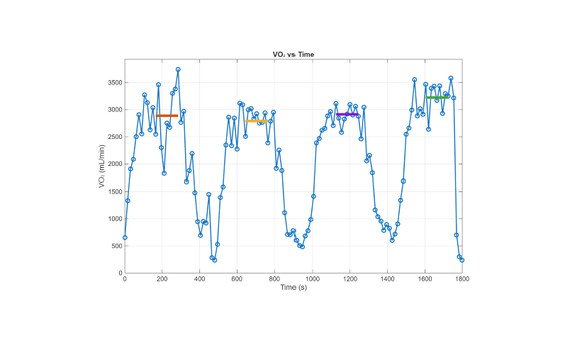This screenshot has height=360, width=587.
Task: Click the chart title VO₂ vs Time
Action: click(293, 55)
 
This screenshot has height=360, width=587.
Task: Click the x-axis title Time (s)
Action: click(293, 288)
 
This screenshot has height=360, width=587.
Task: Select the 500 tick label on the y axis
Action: click(116, 246)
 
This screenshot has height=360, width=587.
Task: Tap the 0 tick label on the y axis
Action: click(119, 273)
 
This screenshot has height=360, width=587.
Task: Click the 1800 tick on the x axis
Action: click(462, 279)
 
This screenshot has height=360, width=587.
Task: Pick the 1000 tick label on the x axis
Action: click(312, 279)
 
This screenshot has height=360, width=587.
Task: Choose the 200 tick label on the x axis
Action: click(162, 279)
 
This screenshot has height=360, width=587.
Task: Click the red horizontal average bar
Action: click(167, 116)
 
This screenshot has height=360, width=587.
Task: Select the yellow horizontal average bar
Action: click(256, 120)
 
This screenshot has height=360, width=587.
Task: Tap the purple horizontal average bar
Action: click(347, 114)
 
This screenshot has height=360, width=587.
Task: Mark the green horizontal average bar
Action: click(437, 97)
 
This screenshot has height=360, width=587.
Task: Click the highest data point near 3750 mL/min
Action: click(178, 69)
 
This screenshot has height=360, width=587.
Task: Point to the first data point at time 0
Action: click(125, 237)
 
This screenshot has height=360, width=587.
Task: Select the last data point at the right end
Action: click(462, 260)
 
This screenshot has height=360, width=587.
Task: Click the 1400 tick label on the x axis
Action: click(387, 279)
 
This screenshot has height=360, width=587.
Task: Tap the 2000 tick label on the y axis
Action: click(113, 164)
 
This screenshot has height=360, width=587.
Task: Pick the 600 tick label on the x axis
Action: click(237, 279)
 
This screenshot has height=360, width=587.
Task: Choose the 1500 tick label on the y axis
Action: click(113, 191)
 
